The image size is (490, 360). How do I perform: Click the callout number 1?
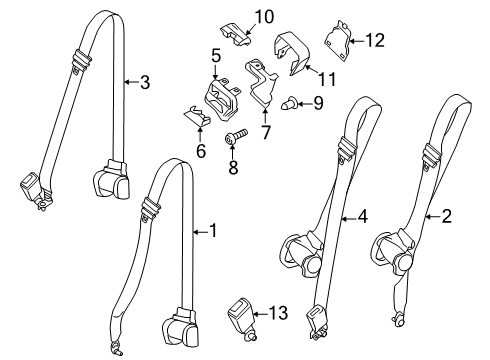tap(211, 231)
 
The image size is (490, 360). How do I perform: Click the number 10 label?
tap(263, 16)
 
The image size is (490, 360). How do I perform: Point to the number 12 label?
tap(375, 41)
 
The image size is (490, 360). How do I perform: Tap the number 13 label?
tap(279, 313)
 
